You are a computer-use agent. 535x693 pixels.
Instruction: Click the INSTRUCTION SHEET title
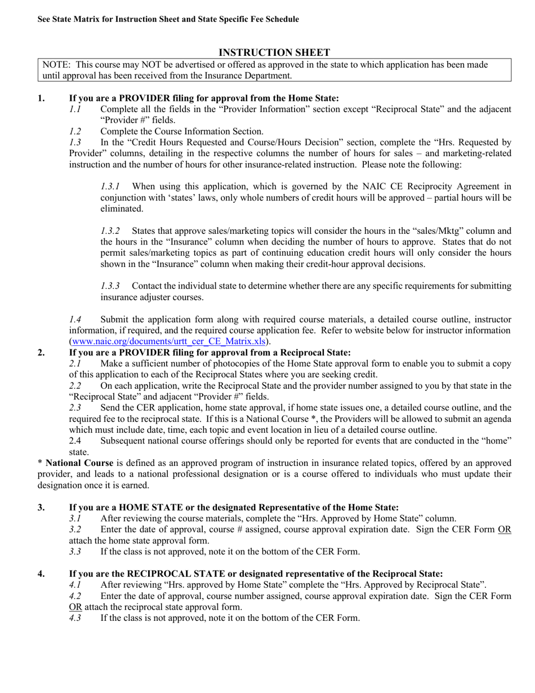coord(274,52)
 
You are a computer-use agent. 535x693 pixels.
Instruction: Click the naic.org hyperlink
coord(169,341)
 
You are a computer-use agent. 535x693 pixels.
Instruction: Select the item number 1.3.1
coord(110,186)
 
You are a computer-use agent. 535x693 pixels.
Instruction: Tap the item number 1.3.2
coord(110,231)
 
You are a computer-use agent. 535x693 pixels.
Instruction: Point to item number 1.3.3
coord(110,286)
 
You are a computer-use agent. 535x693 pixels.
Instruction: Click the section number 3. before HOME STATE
coord(42,508)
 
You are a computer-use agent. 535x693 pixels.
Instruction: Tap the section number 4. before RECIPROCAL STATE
coord(42,574)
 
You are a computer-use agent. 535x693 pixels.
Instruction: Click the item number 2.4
coord(76,441)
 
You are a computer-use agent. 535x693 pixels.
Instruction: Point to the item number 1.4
coord(75,319)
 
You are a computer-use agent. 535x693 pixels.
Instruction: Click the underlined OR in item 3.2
coord(504,530)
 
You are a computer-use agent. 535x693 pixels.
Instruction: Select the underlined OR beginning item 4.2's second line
coord(75,607)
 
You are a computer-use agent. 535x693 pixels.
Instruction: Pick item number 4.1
coord(75,585)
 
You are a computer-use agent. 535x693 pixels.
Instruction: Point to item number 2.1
coord(75,363)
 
